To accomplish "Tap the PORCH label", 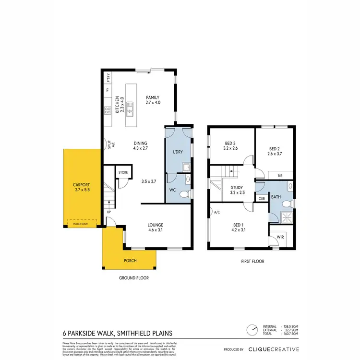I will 130,261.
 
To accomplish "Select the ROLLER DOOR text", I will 81,223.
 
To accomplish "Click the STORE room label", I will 123,172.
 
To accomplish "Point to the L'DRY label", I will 178,153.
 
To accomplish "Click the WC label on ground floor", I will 174,190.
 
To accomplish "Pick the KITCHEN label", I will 117,105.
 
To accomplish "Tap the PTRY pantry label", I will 108,78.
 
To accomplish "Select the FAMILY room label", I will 153,97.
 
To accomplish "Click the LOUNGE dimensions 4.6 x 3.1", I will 155,230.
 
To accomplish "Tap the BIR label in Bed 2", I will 280,176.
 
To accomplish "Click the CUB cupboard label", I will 262,198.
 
